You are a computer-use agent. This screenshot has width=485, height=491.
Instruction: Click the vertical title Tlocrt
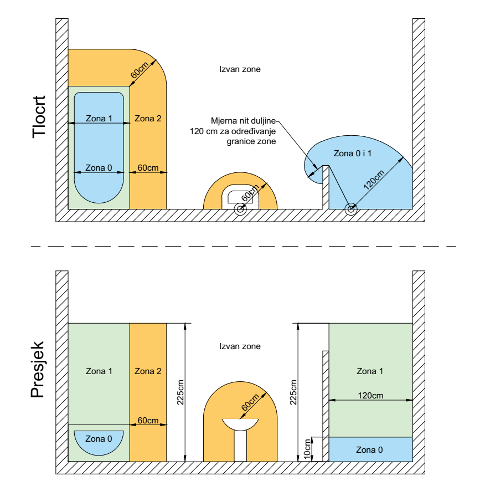tap(39, 117)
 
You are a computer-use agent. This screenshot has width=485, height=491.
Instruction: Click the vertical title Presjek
tap(38, 370)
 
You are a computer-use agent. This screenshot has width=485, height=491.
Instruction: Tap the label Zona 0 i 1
tap(352, 154)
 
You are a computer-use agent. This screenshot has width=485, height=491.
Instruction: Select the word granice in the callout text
tap(239, 141)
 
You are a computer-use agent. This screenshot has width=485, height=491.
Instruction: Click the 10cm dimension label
tap(307, 449)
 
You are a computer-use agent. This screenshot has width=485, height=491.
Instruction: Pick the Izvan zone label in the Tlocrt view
tap(240, 69)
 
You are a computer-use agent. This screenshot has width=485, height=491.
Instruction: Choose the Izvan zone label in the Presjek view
tap(240, 346)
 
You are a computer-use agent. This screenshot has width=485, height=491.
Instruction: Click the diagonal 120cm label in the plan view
tap(374, 180)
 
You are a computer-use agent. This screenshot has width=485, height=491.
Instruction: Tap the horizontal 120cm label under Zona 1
tap(370, 396)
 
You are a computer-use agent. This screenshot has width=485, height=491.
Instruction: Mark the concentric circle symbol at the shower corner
tap(351, 209)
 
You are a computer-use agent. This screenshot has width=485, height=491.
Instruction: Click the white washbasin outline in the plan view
tap(240, 197)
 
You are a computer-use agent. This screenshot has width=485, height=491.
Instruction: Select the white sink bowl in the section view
tap(240, 424)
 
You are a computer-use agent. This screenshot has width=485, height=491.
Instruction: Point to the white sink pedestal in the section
tap(240, 446)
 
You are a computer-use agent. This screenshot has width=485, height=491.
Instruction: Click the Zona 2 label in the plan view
tap(148, 119)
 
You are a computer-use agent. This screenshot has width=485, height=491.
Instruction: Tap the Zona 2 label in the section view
tap(148, 371)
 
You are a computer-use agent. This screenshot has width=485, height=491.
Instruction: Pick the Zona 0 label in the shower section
tap(369, 450)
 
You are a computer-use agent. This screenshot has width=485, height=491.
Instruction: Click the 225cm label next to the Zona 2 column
tap(180, 392)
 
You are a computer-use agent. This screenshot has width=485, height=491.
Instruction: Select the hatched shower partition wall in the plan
tap(326, 187)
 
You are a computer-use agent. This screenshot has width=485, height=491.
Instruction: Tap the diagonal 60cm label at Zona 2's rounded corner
tap(140, 70)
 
